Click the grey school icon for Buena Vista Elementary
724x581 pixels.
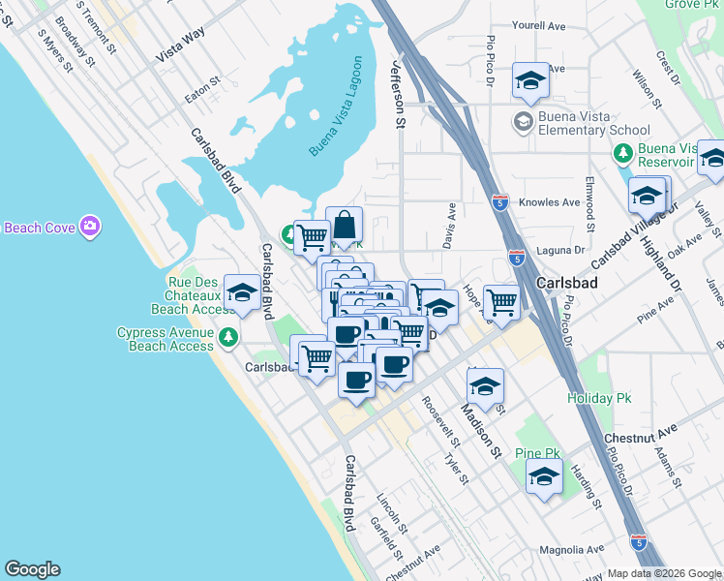pyautogui.click(x=523, y=122)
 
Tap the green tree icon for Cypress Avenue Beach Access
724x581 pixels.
pyautogui.click(x=227, y=337)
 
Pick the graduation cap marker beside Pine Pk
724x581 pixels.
pyautogui.click(x=545, y=476)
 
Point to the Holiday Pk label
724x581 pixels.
pyautogui.click(x=590, y=398)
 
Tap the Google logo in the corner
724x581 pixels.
pyautogui.click(x=32, y=569)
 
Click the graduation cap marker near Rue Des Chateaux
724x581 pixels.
pyautogui.click(x=241, y=291)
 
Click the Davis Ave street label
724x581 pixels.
pyautogui.click(x=449, y=225)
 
